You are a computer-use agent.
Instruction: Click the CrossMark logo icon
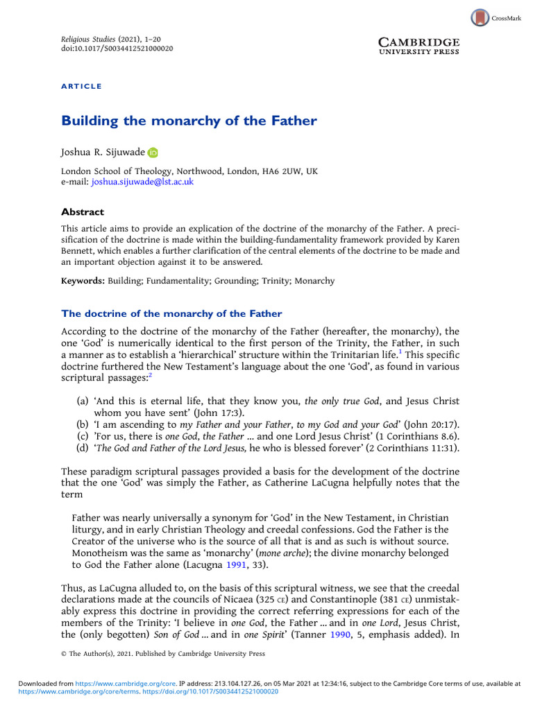click(x=480, y=17)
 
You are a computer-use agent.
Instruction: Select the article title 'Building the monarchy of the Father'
click(x=189, y=121)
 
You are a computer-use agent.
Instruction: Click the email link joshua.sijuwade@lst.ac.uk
click(x=142, y=182)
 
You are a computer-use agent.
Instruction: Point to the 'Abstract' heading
click(x=83, y=212)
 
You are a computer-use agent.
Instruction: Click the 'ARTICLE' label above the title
click(x=82, y=86)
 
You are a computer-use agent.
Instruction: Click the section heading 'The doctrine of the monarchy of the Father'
click(x=171, y=313)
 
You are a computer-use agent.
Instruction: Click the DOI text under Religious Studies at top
click(x=117, y=49)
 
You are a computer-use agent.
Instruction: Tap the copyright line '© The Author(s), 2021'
click(x=163, y=653)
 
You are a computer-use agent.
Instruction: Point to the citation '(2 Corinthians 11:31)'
click(x=409, y=447)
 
